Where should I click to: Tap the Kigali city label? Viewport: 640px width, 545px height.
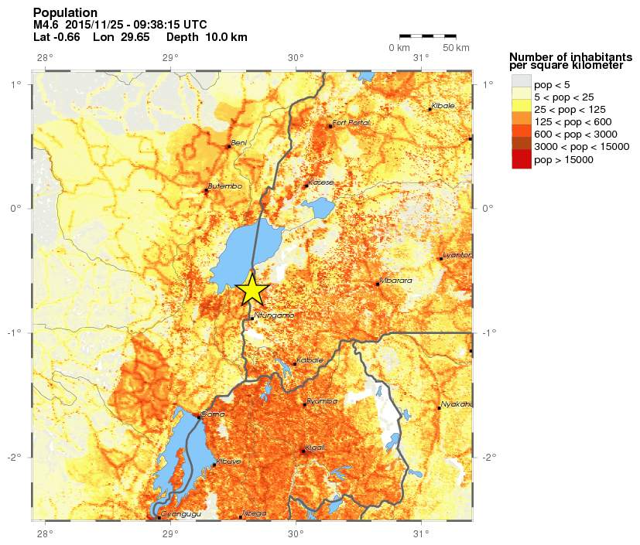tap(316, 448)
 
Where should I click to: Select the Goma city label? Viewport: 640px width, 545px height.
tap(212, 414)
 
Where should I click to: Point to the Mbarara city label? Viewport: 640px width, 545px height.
tap(395, 281)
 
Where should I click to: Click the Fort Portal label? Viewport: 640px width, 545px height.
tap(351, 123)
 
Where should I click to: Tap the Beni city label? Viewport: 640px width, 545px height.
tap(239, 143)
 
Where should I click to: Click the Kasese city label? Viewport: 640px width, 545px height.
tap(320, 182)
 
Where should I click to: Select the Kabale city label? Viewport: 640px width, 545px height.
tap(310, 360)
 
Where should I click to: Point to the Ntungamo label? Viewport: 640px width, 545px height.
tap(274, 315)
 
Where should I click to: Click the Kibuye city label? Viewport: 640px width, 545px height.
tap(228, 462)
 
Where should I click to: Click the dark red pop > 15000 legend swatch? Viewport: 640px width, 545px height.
tap(521, 160)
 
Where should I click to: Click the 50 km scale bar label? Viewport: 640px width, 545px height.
tap(456, 49)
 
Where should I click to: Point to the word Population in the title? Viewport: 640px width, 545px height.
tap(66, 13)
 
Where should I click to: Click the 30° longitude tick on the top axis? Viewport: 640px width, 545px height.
tap(295, 57)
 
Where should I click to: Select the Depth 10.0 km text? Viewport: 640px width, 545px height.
tap(207, 37)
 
